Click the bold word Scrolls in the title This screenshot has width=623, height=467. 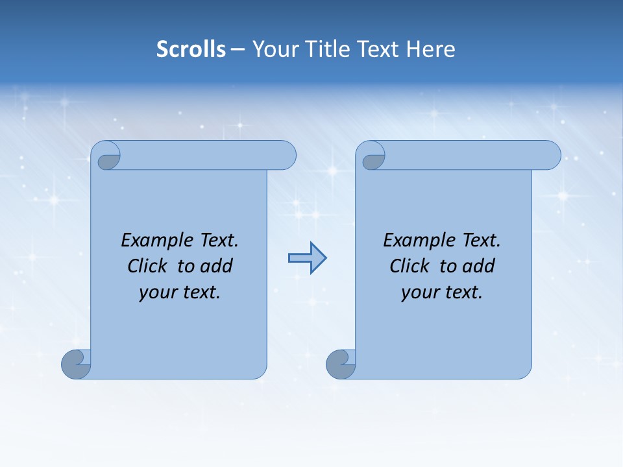pos(191,49)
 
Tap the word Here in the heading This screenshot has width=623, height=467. pos(431,49)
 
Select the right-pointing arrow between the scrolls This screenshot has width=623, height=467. pos(307,258)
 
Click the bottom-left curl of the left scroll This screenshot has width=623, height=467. pos(77,365)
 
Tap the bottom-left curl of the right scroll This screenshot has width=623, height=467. pos(341,365)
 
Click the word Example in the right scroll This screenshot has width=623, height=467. pos(418,241)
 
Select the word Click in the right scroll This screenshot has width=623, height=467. pos(410,266)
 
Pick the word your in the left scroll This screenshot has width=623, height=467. pos(157,293)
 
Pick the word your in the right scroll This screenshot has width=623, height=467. pos(419,293)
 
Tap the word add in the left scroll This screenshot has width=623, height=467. pos(217,266)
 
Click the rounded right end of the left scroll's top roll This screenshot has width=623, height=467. pos(286,156)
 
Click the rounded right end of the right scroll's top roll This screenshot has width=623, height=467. pos(550,156)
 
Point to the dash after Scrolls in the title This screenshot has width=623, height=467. pos(238,50)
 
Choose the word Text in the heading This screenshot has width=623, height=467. pos(378,49)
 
